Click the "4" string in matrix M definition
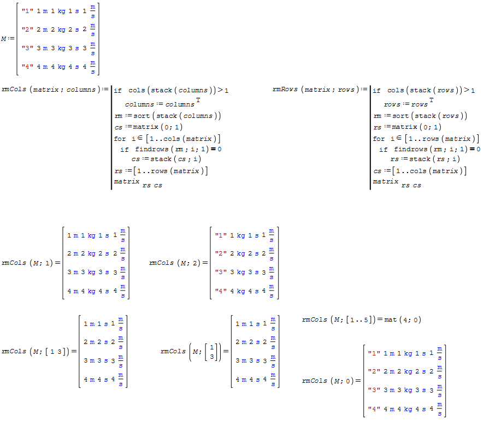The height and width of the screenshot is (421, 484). point(26,68)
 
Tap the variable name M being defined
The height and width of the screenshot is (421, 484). point(4,39)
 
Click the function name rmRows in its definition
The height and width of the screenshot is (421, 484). point(285,90)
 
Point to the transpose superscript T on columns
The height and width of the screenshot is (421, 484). point(196,100)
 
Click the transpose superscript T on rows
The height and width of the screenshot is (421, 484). point(431,100)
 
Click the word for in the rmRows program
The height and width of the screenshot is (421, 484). point(379,139)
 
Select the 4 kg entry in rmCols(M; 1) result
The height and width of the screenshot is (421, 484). point(88,290)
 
